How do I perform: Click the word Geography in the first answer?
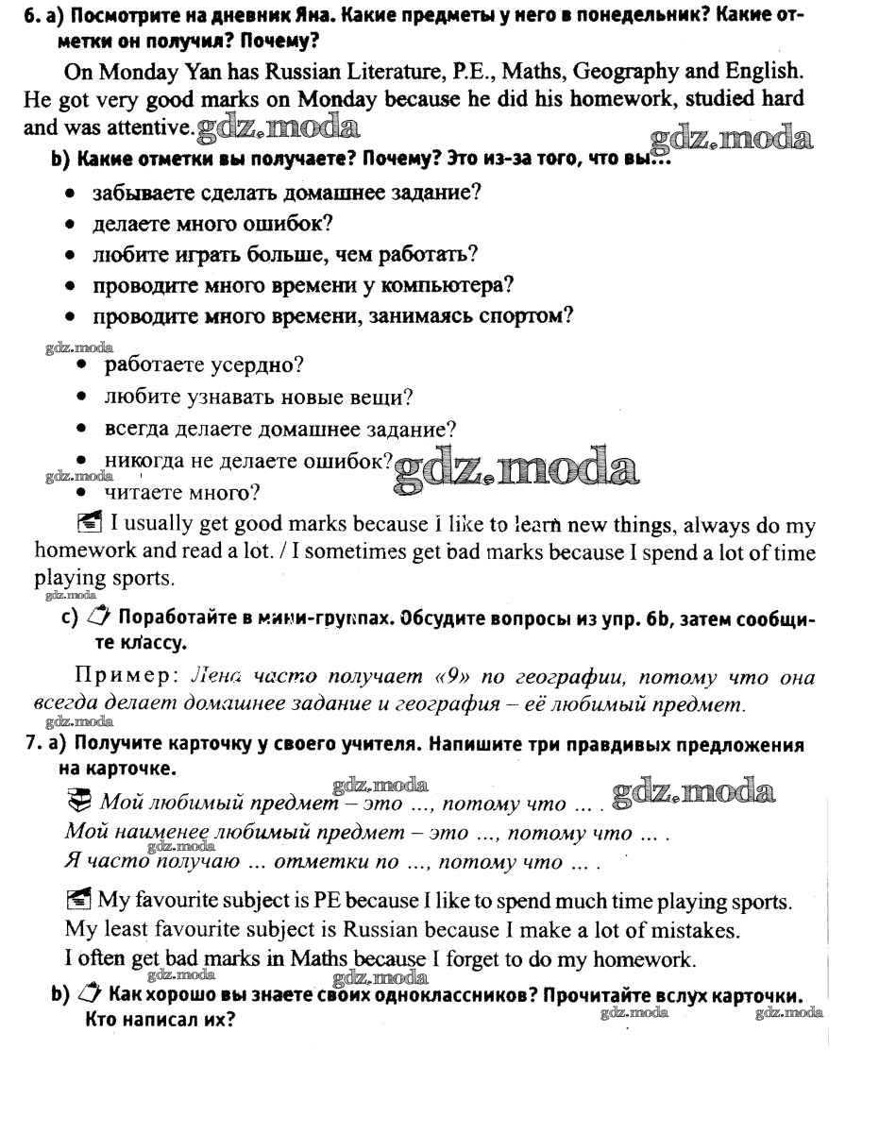point(625,72)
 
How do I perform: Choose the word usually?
point(156,524)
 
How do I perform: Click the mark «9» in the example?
point(457,677)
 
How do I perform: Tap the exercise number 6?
point(30,16)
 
